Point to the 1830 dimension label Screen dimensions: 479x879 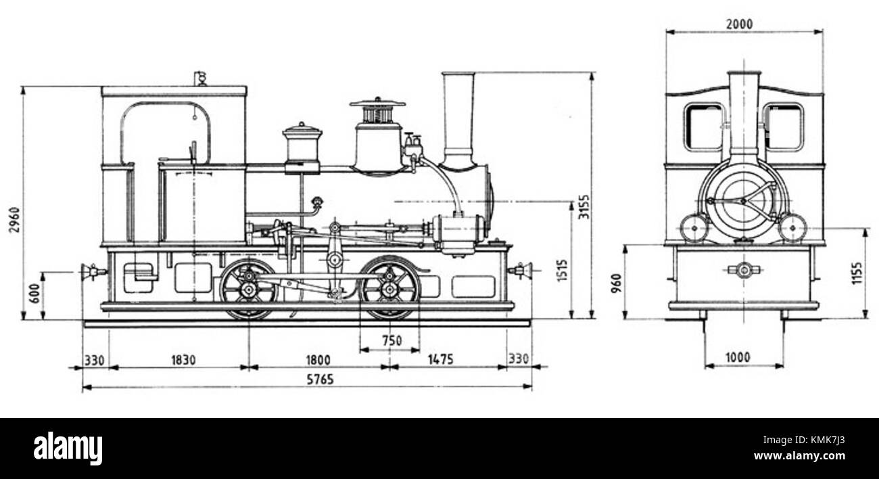pos(179,359)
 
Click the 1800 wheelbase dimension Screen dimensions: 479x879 pos(317,359)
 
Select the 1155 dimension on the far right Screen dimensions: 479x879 pos(857,273)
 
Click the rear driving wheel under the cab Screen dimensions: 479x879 pos(247,289)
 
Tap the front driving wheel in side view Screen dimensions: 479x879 pos(389,289)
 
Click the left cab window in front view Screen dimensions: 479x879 pos(702,127)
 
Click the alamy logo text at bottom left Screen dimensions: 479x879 pos(68,449)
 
